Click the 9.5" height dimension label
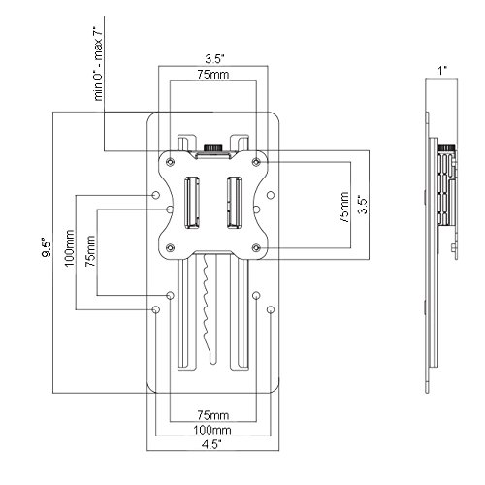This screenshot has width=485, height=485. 47,248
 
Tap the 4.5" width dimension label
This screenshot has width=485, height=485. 213,444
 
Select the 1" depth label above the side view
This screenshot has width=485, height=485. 442,71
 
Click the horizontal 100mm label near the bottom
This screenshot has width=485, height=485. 212,430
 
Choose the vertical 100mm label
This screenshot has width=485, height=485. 70,248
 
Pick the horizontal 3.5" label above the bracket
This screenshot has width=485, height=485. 215,59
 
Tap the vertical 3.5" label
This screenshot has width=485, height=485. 364,205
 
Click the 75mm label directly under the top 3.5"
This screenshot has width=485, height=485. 213,75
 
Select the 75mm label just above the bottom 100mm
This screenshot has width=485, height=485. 213,415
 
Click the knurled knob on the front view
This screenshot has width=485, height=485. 213,147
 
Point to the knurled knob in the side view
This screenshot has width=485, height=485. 447,147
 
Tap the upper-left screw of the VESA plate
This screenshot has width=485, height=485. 170,162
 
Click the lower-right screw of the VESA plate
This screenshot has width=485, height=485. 256,248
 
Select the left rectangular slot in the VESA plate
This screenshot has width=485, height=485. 192,203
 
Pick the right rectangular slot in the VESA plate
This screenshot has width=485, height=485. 234,203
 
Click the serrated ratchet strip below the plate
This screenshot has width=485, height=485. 210,308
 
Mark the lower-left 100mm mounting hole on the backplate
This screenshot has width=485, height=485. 156,309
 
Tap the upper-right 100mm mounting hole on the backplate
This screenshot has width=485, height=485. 271,195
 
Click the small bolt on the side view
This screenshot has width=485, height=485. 453,248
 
